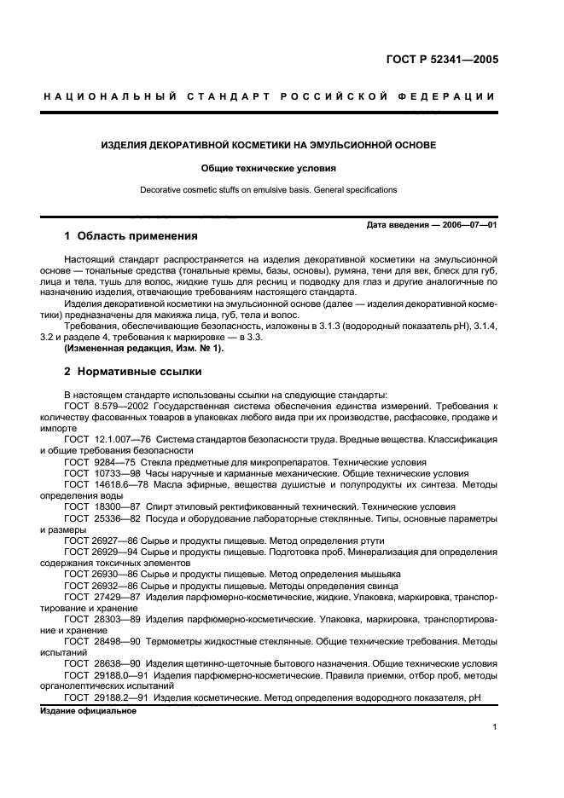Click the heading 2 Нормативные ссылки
pyautogui.click(x=130, y=373)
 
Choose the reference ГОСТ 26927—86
pyautogui.click(x=96, y=540)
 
